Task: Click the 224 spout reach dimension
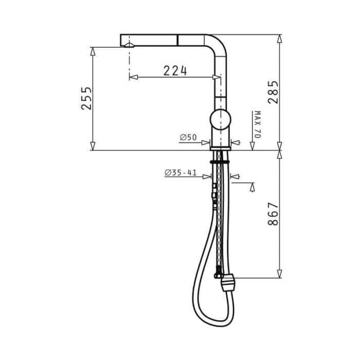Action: tap(175, 70)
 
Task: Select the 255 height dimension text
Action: tap(86, 98)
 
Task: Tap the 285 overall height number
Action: tap(273, 92)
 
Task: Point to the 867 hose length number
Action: tap(273, 214)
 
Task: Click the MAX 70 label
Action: tap(258, 124)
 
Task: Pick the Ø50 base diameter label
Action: tap(188, 137)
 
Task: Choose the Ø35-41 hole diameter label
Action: tap(181, 172)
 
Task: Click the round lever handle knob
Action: tap(220, 120)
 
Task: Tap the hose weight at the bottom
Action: tap(227, 283)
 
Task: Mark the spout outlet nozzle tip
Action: tap(129, 45)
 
